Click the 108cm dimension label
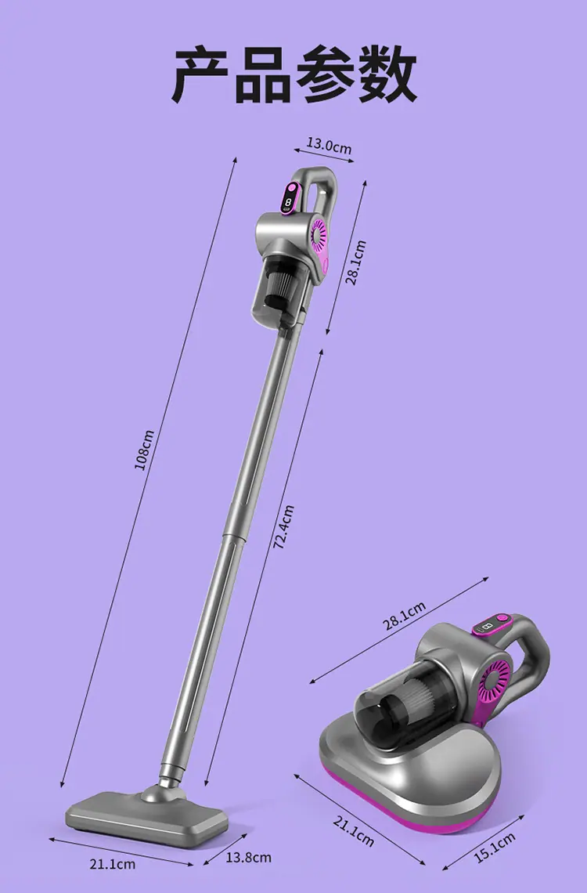(x=145, y=450)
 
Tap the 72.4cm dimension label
(x=284, y=527)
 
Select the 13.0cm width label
(x=330, y=145)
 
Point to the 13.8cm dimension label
(x=249, y=857)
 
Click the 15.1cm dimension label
(x=495, y=848)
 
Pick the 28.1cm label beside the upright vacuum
(x=356, y=262)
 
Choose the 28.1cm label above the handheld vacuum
(x=404, y=616)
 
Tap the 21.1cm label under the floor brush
(x=113, y=865)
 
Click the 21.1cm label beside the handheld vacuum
(x=353, y=831)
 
